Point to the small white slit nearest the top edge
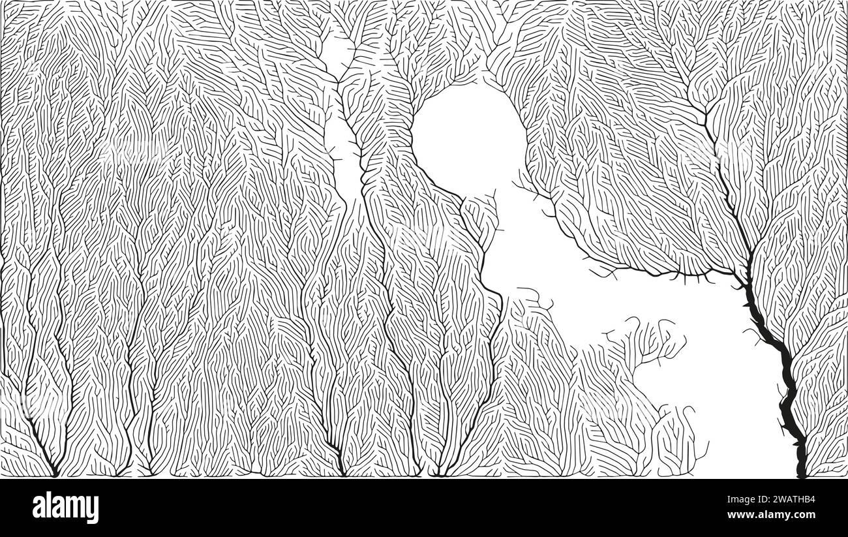(x=336, y=52)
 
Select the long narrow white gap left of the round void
(x=344, y=157)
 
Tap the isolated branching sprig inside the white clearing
(x=646, y=339)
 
